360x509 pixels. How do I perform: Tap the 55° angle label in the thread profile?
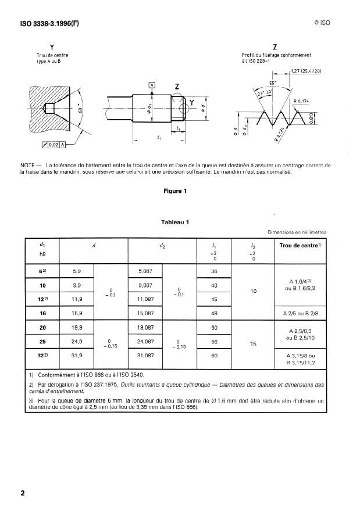[x=272, y=83]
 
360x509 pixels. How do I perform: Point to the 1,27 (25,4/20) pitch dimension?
[x=305, y=71]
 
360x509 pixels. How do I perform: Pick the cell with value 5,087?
[x=145, y=271]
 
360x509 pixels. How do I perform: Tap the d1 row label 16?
[x=42, y=313]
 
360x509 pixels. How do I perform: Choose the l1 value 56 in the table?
[x=215, y=342]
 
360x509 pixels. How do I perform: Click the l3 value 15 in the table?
[x=252, y=343]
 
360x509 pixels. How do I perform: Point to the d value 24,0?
[x=77, y=342]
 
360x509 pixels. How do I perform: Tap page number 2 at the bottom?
[x=23, y=493]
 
